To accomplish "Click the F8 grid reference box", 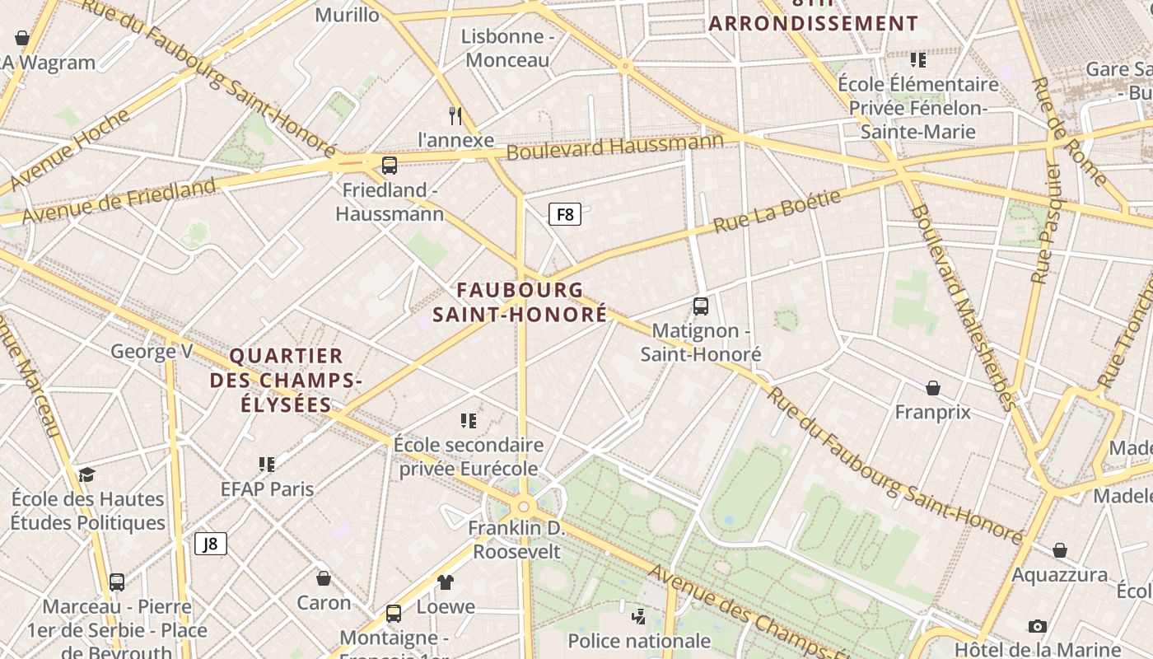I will point(565,214).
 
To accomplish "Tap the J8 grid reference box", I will point(211,544).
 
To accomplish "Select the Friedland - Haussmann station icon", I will point(390,165).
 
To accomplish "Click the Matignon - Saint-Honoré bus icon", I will point(701,306).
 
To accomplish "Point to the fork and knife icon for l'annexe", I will point(455,115).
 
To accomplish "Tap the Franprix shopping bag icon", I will point(933,387).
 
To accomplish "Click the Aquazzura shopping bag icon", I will point(1060,549).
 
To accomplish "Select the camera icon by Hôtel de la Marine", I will point(1038,626).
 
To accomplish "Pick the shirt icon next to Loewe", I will point(446,582).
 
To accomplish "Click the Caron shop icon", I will point(324,578).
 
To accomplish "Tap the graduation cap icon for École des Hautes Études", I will point(86,474).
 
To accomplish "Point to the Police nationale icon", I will point(638,616).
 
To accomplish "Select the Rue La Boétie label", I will point(777,211).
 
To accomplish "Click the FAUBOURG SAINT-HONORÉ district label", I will point(520,301).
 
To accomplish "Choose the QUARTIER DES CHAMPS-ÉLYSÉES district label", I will point(286,380).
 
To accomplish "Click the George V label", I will point(152,352).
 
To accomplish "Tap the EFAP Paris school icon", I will point(267,465).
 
